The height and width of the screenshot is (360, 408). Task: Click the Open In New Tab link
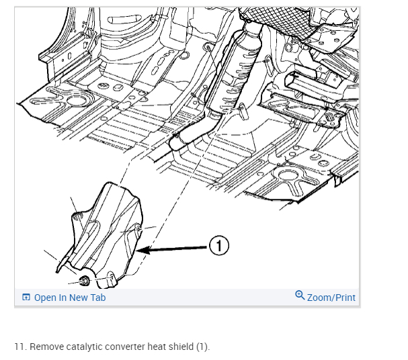click(70, 298)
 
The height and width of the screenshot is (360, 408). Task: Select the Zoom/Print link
click(331, 298)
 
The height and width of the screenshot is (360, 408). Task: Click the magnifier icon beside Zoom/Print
click(300, 296)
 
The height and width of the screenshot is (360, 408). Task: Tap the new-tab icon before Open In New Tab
click(26, 298)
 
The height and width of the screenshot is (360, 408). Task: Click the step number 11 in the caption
click(19, 347)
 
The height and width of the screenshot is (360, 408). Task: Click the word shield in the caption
click(181, 347)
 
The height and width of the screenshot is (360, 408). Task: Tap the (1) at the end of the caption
click(203, 347)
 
